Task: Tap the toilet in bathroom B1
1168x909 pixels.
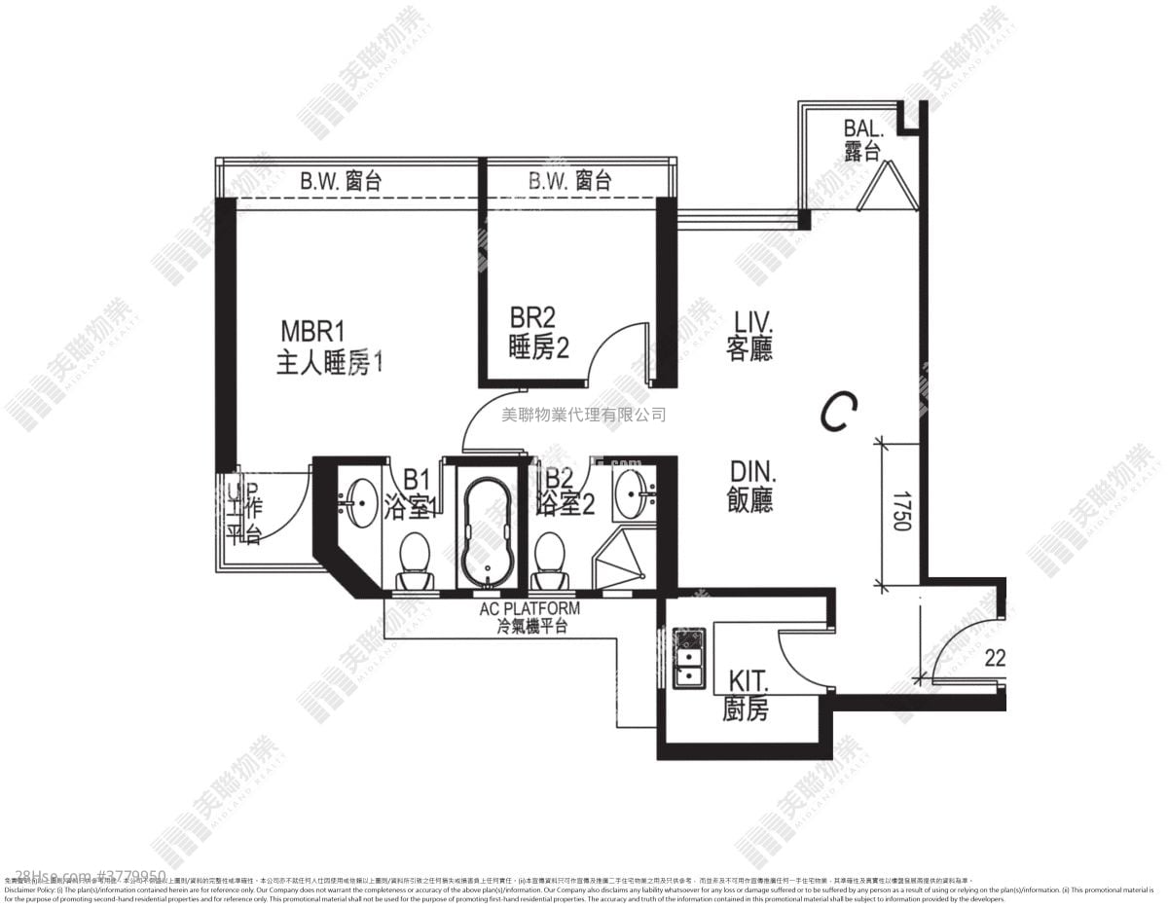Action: pos(417,559)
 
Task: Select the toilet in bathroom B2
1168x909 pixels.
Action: pos(551,559)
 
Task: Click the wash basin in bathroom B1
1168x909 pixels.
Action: pos(361,501)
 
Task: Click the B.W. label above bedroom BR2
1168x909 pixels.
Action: pos(569,180)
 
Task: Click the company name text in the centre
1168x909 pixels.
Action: pos(583,415)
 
